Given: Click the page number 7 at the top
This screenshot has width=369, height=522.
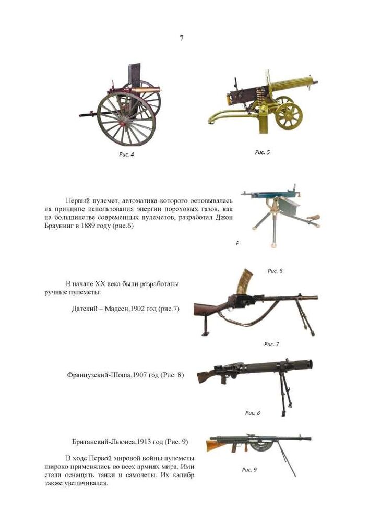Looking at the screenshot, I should point(181,38).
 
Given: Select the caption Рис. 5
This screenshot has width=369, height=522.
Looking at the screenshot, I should point(262,152).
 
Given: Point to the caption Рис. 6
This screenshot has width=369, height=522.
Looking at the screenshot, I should point(275,271).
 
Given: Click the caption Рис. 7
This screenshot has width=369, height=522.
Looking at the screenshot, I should point(271,344).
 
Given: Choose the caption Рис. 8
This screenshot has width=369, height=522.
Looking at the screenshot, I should point(253,413).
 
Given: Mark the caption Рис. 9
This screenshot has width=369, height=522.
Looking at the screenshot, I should point(249,470).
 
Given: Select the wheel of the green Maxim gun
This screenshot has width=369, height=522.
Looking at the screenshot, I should point(288,115).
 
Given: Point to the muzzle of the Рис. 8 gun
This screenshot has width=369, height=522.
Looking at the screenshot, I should point(310,364).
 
